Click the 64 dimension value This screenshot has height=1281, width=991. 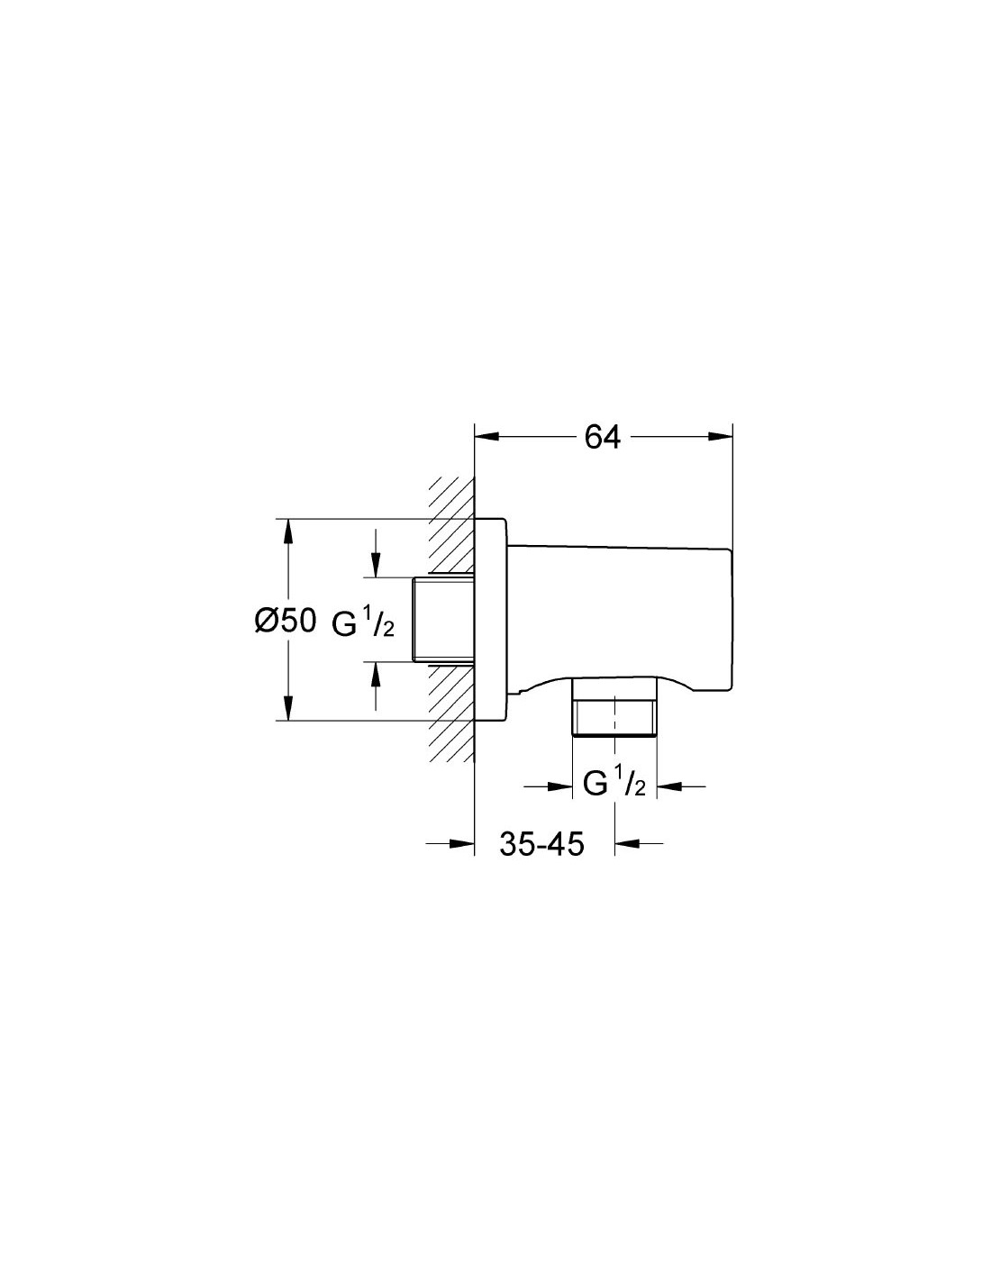click(602, 437)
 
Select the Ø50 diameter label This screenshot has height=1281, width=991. click(286, 622)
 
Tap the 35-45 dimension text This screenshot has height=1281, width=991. click(541, 843)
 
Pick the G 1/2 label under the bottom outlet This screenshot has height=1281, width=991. click(614, 784)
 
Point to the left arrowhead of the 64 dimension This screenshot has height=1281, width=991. click(487, 437)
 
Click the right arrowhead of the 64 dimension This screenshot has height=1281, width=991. click(719, 437)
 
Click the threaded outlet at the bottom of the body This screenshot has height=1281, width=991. click(614, 707)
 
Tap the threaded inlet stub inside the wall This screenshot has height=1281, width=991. click(443, 619)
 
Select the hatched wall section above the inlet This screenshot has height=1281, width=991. click(451, 524)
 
